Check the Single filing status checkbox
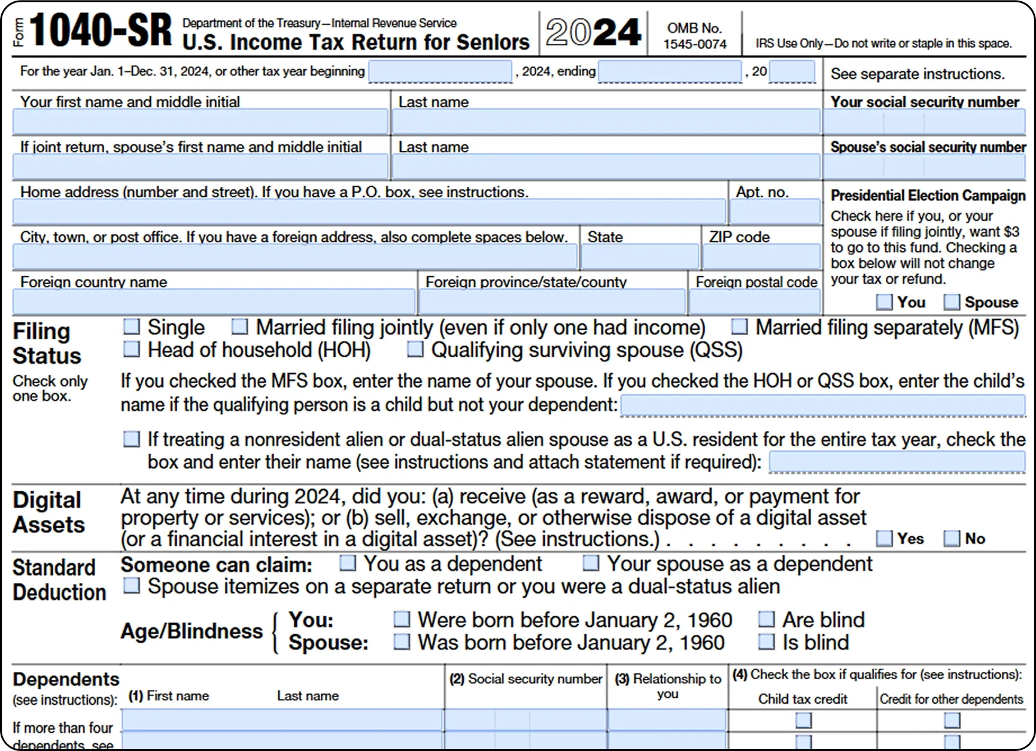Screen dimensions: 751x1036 (131, 327)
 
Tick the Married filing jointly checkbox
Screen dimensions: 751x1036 (239, 327)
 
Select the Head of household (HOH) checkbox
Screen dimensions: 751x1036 (131, 349)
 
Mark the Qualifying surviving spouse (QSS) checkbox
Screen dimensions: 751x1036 (415, 349)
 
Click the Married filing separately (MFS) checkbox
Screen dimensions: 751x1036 (740, 327)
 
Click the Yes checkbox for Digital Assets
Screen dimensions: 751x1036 (884, 539)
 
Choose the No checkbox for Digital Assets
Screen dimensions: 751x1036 (952, 539)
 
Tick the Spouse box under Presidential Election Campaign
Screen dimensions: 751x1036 (952, 302)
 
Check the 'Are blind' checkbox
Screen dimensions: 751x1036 (766, 619)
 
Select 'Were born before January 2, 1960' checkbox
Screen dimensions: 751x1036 (402, 619)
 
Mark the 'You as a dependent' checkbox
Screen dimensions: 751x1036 (347, 563)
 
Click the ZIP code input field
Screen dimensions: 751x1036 (761, 257)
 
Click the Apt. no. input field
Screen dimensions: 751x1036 (774, 212)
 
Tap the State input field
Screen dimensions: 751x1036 (639, 257)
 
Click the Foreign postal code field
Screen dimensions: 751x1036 (754, 302)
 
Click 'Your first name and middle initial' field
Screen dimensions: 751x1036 (200, 123)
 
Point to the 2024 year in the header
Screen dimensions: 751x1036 (593, 32)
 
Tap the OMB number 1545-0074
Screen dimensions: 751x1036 (694, 44)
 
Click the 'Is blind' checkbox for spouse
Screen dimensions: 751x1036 (766, 642)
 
